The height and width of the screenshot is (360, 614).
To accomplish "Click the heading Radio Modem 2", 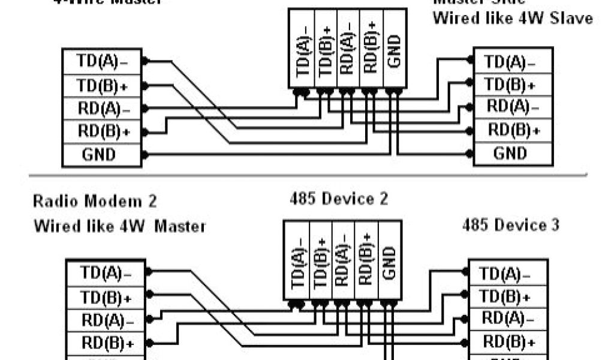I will pyautogui.click(x=95, y=201).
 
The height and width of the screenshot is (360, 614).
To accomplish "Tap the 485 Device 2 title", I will pyautogui.click(x=338, y=199).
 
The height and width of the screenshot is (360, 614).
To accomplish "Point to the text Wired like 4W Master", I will pyautogui.click(x=119, y=226).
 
